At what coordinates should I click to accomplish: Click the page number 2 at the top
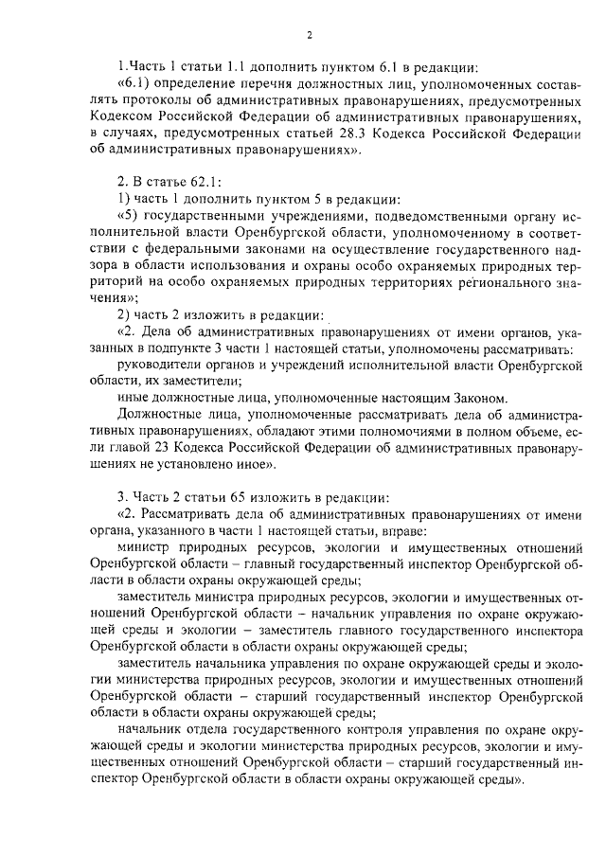coord(309,35)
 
